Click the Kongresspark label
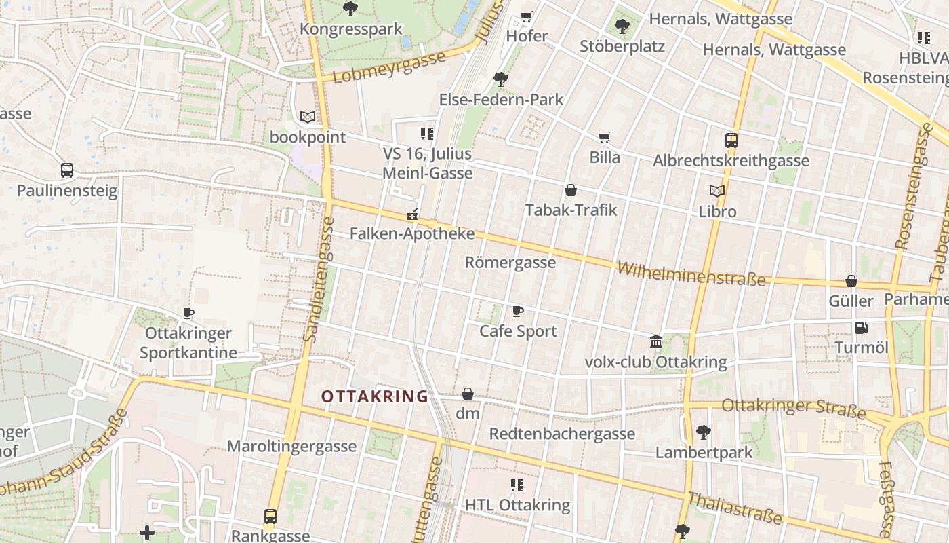351,29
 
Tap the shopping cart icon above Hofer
527,16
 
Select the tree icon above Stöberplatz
622,26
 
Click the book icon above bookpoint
308,117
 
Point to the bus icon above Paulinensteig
66,170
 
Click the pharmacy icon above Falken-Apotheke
411,214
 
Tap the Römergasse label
510,262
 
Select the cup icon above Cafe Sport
518,311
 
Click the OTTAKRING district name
375,396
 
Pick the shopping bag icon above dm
468,394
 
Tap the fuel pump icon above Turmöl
861,328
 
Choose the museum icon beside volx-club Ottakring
656,341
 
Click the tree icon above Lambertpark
704,432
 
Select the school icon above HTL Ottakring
517,485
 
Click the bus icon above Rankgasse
270,516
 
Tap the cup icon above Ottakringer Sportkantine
188,313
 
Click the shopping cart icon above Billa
605,137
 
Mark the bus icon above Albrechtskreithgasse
731,141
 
